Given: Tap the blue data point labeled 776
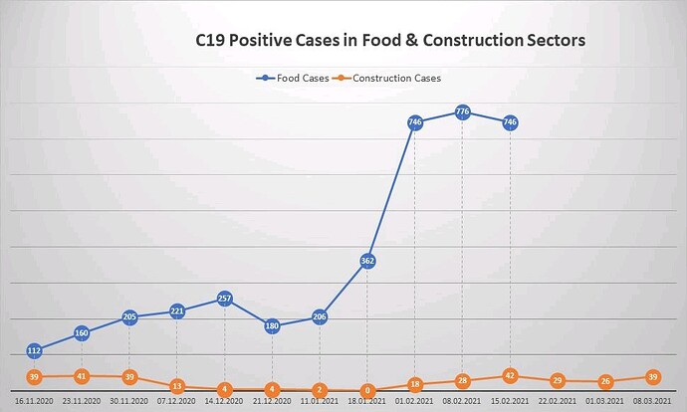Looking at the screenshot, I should (462, 112).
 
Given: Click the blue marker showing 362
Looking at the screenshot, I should (367, 261).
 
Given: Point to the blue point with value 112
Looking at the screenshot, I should (34, 350).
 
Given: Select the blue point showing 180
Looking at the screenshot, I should (272, 325).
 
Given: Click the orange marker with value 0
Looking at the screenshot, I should (367, 391).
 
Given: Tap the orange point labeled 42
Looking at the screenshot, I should (510, 376).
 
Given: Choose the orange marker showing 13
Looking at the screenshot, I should (176, 386).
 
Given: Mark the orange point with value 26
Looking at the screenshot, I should (605, 381).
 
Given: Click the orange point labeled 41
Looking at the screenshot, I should (82, 376).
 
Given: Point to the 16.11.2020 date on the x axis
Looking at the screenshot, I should (34, 403).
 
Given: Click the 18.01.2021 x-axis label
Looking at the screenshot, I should (367, 403).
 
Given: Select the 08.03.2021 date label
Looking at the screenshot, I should (653, 403).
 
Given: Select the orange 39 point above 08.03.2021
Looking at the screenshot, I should (653, 376).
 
